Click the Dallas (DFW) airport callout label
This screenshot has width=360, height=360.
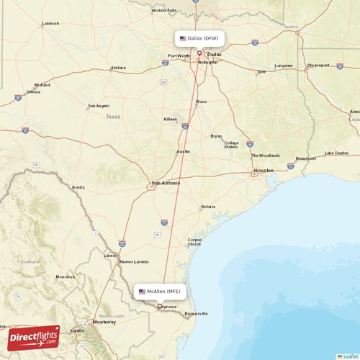(199, 37)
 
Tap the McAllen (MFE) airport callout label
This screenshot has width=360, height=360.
(163, 291)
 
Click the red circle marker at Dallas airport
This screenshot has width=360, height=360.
(199, 52)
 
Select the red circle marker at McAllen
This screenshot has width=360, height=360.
(160, 305)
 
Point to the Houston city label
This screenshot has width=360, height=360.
(264, 170)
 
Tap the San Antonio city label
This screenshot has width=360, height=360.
(166, 183)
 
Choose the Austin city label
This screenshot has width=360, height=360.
(183, 152)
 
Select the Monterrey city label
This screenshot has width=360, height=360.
(104, 323)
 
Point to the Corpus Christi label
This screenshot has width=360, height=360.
(194, 242)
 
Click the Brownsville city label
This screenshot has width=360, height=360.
(196, 313)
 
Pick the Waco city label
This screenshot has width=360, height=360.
(201, 102)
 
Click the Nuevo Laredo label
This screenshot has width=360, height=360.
(135, 261)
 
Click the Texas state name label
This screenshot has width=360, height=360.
(113, 116)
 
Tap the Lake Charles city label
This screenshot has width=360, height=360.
(336, 153)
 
